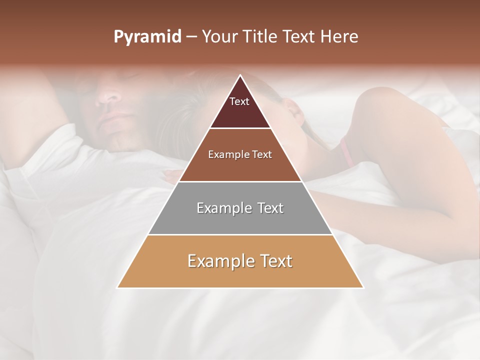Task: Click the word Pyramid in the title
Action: pyautogui.click(x=147, y=37)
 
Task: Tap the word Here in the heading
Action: pyautogui.click(x=339, y=37)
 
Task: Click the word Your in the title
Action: pyautogui.click(x=219, y=37)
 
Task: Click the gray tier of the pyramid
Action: pyautogui.click(x=240, y=208)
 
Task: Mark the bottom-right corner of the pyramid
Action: pyautogui.click(x=363, y=287)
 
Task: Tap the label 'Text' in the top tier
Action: pyautogui.click(x=239, y=101)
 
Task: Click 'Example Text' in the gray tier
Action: pyautogui.click(x=240, y=208)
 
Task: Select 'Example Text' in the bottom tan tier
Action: pyautogui.click(x=240, y=261)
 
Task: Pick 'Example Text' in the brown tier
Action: pyautogui.click(x=240, y=154)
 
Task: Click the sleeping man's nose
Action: pyautogui.click(x=107, y=95)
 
